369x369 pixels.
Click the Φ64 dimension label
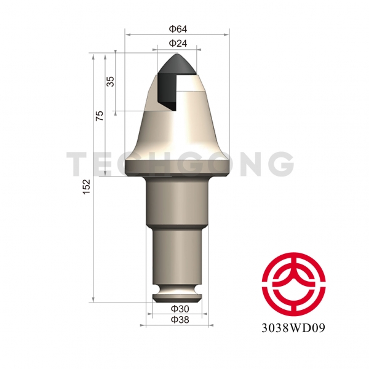click(x=178, y=30)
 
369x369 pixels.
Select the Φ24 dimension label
click(x=178, y=44)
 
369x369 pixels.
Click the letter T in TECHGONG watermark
click(x=79, y=164)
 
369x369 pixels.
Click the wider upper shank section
click(x=177, y=203)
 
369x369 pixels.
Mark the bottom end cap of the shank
click(x=177, y=298)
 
